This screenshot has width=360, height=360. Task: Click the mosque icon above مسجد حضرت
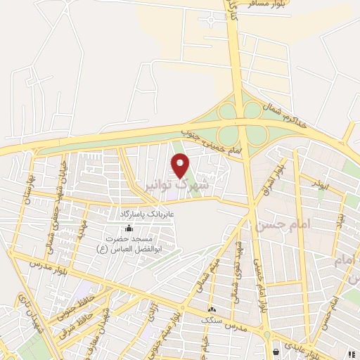pos(128,228)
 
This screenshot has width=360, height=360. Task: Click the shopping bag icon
pos(276,350)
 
